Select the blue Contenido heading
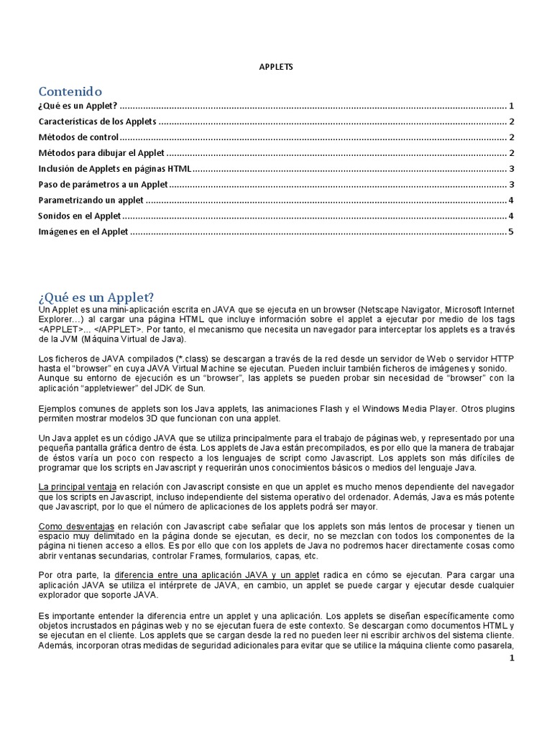[x=70, y=91]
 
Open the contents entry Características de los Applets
[x=97, y=121]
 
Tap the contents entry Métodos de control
[x=77, y=137]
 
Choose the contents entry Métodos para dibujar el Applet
[x=101, y=153]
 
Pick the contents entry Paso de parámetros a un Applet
[x=103, y=185]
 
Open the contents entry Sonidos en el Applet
[x=79, y=216]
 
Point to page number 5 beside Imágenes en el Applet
[x=510, y=231]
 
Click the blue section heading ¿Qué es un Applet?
[x=96, y=297]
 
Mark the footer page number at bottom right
[x=511, y=657]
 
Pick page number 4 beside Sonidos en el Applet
[x=510, y=216]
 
